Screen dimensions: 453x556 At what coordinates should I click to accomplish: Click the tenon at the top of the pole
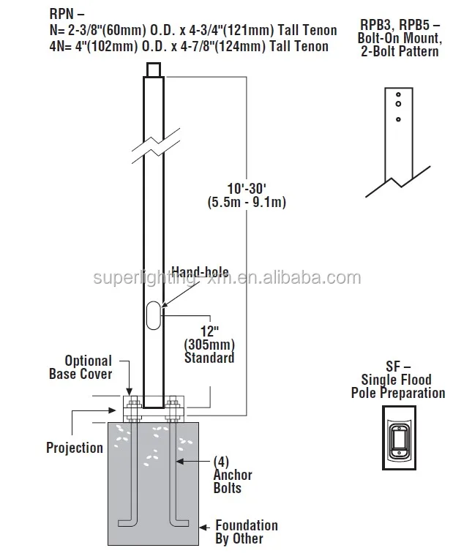click(x=153, y=70)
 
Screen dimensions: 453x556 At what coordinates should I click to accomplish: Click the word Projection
click(x=75, y=447)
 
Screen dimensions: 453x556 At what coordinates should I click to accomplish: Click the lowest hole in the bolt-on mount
click(x=397, y=119)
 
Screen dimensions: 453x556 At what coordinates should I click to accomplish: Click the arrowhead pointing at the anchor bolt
click(x=182, y=462)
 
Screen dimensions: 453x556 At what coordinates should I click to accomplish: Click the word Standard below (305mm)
click(x=209, y=358)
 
